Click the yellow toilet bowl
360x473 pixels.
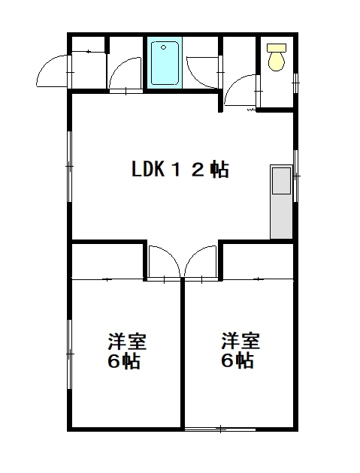tap(277, 58)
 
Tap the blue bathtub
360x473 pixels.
tap(163, 64)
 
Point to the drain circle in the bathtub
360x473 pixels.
tap(163, 47)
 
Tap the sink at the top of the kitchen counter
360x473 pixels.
tap(280, 180)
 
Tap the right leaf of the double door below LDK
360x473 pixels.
tap(201, 263)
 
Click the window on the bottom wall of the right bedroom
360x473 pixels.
tap(218, 429)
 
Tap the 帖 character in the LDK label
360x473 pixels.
tap(219, 170)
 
